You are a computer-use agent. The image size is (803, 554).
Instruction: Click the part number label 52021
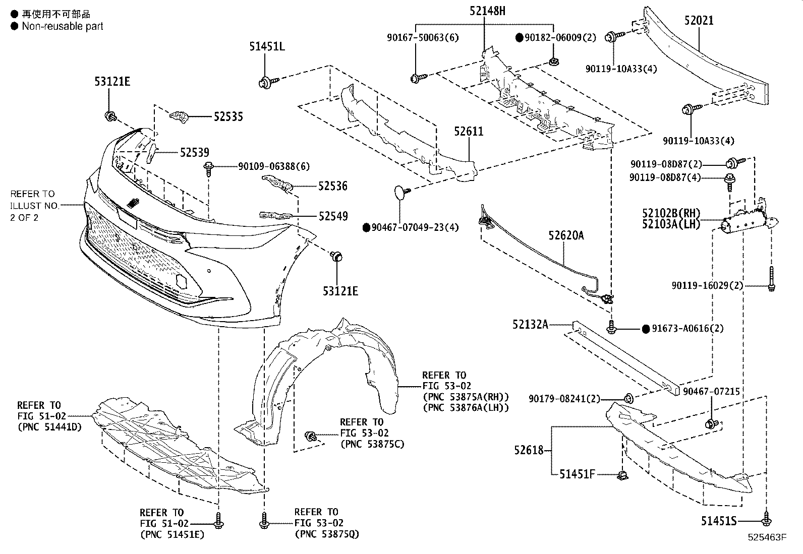click(x=699, y=21)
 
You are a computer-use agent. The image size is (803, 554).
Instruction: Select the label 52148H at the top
click(x=487, y=11)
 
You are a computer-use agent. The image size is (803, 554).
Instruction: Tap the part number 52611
click(x=468, y=132)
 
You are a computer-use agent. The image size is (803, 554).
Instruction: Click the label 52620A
click(x=566, y=235)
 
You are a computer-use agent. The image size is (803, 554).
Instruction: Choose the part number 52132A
click(x=530, y=325)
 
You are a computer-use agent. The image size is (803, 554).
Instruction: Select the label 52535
click(x=228, y=117)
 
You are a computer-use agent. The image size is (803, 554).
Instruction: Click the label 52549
click(x=333, y=216)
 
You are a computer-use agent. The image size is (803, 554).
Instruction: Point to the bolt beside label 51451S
click(x=767, y=520)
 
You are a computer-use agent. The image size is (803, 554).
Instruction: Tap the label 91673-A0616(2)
click(x=687, y=329)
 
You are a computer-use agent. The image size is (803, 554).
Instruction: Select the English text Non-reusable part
click(x=62, y=26)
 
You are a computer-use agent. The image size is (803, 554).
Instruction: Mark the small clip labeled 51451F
click(x=621, y=474)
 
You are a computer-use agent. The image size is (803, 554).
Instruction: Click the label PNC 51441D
click(x=49, y=427)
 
